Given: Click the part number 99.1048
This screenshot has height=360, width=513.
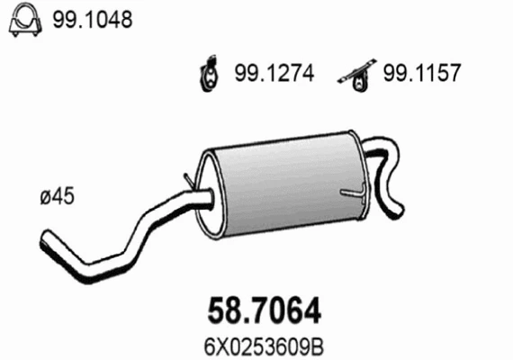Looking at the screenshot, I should [x=85, y=19].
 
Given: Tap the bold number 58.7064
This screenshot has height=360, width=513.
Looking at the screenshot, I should [x=259, y=310].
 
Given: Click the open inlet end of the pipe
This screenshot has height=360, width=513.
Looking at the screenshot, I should [x=44, y=241].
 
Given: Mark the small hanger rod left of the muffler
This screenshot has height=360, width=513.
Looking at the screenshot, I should [x=186, y=180].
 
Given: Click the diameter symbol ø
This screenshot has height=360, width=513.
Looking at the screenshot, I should [x=47, y=192].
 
